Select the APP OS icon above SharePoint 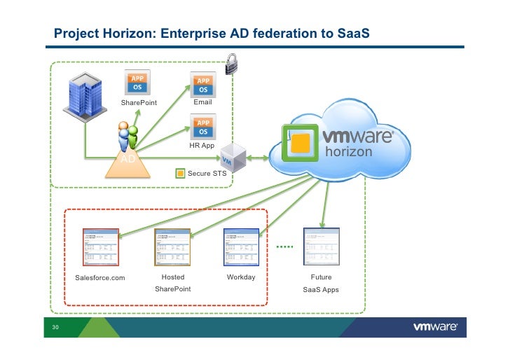(137, 83)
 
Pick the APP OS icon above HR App (202, 127)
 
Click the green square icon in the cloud (299, 144)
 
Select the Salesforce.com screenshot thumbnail (100, 247)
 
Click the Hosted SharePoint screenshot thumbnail (172, 247)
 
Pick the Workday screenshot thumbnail (241, 247)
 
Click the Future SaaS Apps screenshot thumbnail (321, 247)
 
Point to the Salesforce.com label (99, 278)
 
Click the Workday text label (241, 277)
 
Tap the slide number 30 (53, 327)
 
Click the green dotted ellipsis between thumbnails (284, 247)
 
